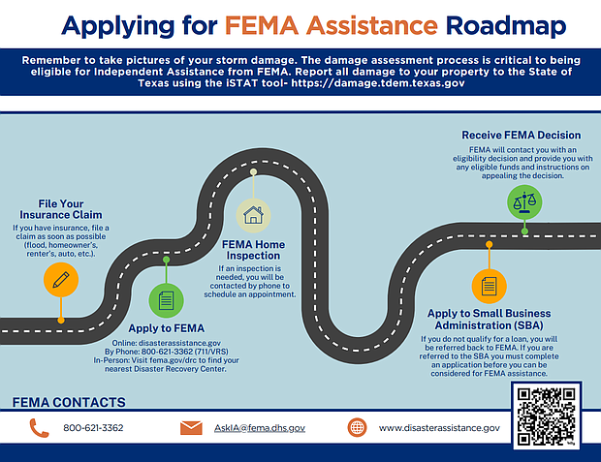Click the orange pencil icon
click(x=60, y=280)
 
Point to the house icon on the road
click(x=253, y=213)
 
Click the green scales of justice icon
click(x=524, y=201)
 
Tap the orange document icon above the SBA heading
click(x=488, y=286)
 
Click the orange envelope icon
click(x=192, y=427)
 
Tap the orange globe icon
click(x=357, y=427)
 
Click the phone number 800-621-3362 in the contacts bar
click(x=93, y=427)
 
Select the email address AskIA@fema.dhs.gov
click(x=260, y=427)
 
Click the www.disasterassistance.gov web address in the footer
click(x=439, y=427)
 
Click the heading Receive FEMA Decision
click(x=521, y=135)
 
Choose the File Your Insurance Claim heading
click(x=60, y=208)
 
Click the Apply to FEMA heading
click(x=166, y=329)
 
